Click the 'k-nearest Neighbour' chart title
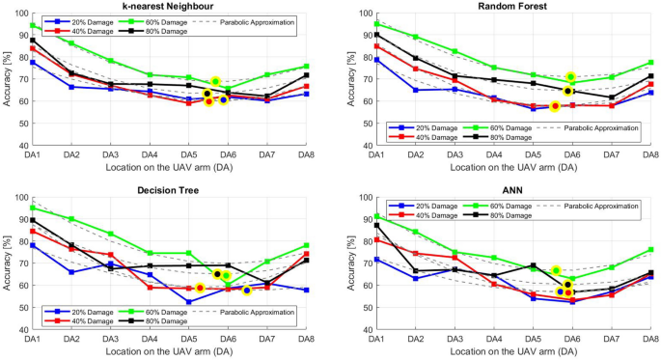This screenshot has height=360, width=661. pos(169,7)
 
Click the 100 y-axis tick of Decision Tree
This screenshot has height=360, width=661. pos(18,198)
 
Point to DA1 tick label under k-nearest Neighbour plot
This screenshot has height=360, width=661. pos(32,154)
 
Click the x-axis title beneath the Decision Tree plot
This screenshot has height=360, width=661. pos(169,352)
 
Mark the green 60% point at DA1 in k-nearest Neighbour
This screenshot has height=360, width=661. pos(33,26)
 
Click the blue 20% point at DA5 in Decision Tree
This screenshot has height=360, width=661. pos(189,302)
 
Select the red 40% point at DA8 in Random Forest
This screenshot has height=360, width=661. pos(651,85)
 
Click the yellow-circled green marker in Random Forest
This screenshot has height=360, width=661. pos(570,77)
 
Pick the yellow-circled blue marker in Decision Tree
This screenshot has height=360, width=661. pos(247,290)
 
